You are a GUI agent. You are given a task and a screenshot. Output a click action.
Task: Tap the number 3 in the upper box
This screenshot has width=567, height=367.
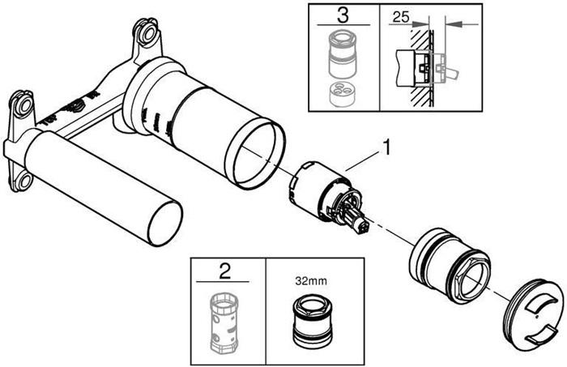343,15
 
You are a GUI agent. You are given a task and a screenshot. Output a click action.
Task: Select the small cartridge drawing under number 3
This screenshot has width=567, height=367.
343,60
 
